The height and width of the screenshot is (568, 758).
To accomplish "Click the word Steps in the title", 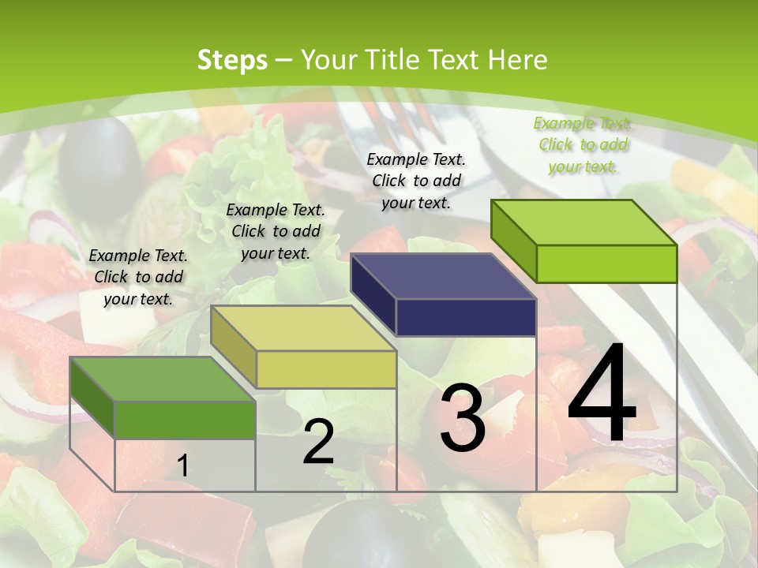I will click(x=231, y=60).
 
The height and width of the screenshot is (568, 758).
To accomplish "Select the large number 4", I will click(x=602, y=394).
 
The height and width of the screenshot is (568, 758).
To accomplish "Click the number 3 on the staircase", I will click(x=462, y=418).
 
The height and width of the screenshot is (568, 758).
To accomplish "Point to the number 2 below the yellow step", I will click(x=318, y=442).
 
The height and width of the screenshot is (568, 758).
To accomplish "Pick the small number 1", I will click(x=182, y=466).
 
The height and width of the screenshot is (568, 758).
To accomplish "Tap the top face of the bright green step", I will click(x=584, y=222).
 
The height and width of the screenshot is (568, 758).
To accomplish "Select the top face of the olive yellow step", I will click(x=303, y=328).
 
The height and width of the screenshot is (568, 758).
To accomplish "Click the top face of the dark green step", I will click(x=163, y=379).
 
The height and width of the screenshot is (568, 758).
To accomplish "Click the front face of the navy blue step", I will click(x=466, y=317).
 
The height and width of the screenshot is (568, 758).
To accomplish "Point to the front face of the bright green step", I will click(x=606, y=263).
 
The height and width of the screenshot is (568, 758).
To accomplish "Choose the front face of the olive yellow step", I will click(x=326, y=369).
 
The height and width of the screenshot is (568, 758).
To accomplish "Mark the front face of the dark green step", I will click(x=185, y=420).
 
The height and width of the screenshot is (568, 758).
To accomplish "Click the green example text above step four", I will click(x=583, y=144).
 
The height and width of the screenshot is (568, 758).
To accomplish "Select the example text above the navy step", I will click(x=416, y=181).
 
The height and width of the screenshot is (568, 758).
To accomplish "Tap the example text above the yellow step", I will click(x=276, y=231).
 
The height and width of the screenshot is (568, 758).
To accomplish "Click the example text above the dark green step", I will click(x=138, y=277).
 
